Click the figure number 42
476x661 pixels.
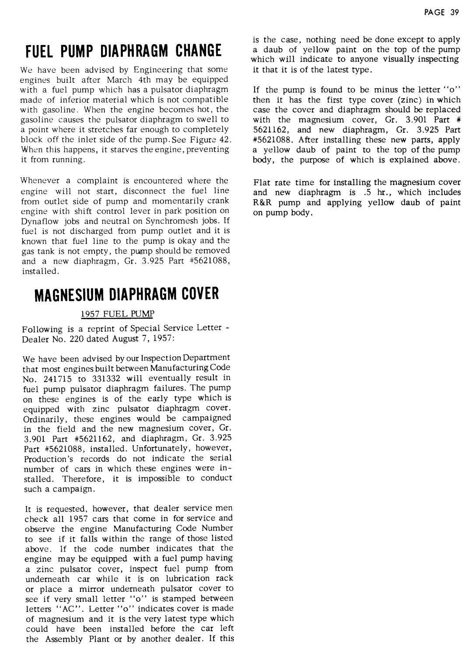click(224, 140)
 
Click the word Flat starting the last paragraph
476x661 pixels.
click(261, 183)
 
